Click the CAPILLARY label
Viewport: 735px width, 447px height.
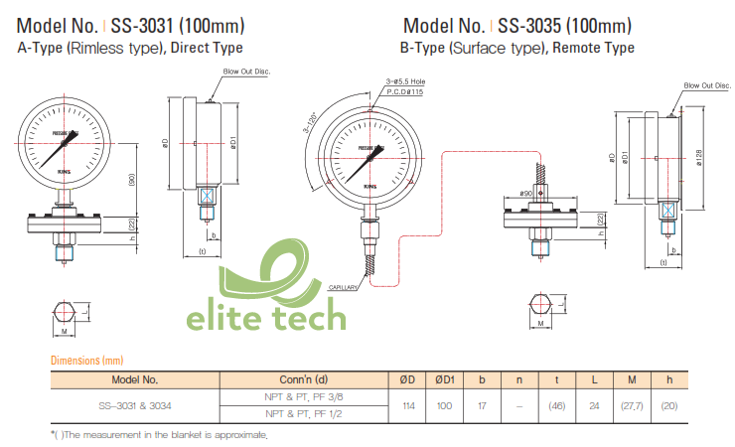click(344, 287)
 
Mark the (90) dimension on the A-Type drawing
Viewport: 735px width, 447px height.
click(131, 180)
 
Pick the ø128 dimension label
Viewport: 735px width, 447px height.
click(699, 159)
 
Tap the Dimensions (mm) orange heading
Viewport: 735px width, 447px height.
click(86, 361)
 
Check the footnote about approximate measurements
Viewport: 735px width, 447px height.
click(159, 435)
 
